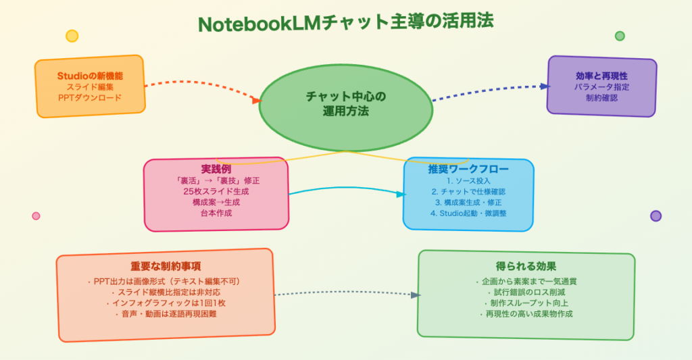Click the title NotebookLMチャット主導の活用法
pyautogui.click(x=345, y=22)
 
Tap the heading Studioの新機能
pyautogui.click(x=90, y=76)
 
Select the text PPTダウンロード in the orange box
pyautogui.click(x=90, y=98)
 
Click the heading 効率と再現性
pyautogui.click(x=601, y=76)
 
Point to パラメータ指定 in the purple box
pyautogui.click(x=601, y=87)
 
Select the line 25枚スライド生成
pyautogui.click(x=216, y=191)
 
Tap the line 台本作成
pyautogui.click(x=216, y=213)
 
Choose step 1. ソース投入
pyautogui.click(x=468, y=181)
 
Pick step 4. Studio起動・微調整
pyautogui.click(x=468, y=213)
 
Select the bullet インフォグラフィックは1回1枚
pyautogui.click(x=166, y=303)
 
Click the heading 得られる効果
pyautogui.click(x=526, y=266)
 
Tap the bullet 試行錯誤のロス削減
pyautogui.click(x=526, y=292)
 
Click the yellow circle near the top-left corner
pyautogui.click(x=72, y=36)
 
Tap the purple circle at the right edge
pyautogui.click(x=656, y=216)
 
